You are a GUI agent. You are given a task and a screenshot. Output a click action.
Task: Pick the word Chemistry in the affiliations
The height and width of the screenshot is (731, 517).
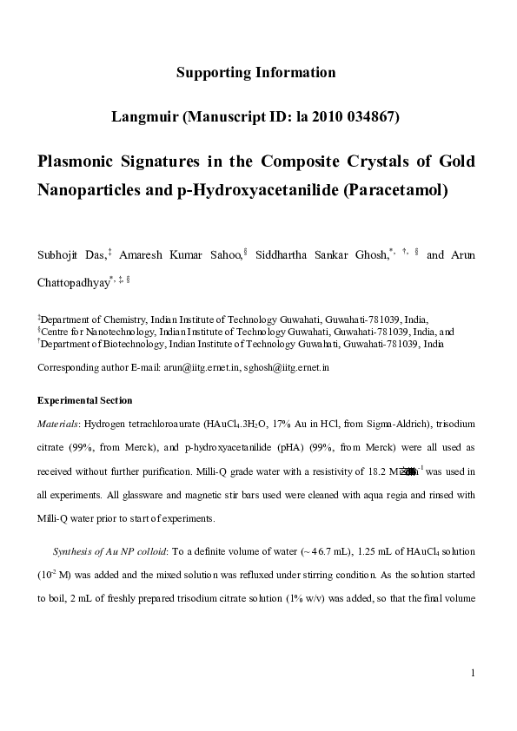pyautogui.click(x=115, y=319)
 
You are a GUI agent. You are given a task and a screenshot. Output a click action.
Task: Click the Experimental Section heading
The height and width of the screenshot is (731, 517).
pyautogui.click(x=84, y=401)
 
